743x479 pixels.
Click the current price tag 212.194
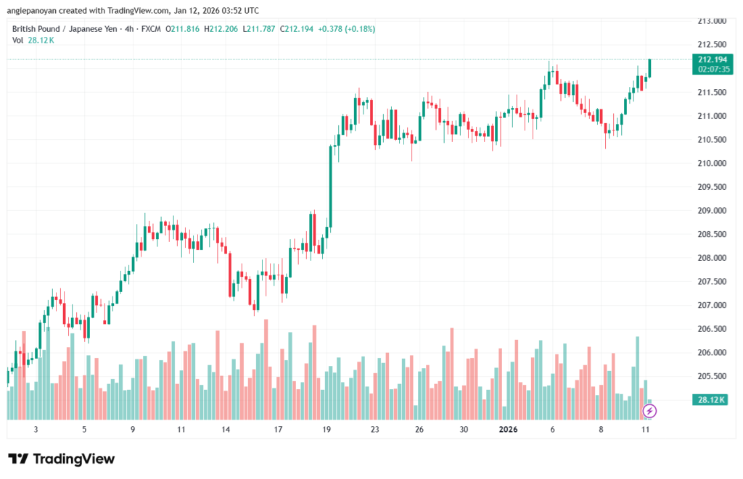pos(712,59)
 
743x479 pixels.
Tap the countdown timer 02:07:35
pos(712,69)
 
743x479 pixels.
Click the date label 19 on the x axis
pos(327,429)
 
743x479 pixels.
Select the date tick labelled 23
pos(374,429)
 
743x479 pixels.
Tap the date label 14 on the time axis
pos(226,429)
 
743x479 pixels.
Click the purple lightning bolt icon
pos(650,411)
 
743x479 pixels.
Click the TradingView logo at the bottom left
pos(62,459)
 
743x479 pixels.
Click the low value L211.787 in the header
pos(262,29)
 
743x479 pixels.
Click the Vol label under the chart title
pos(18,40)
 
